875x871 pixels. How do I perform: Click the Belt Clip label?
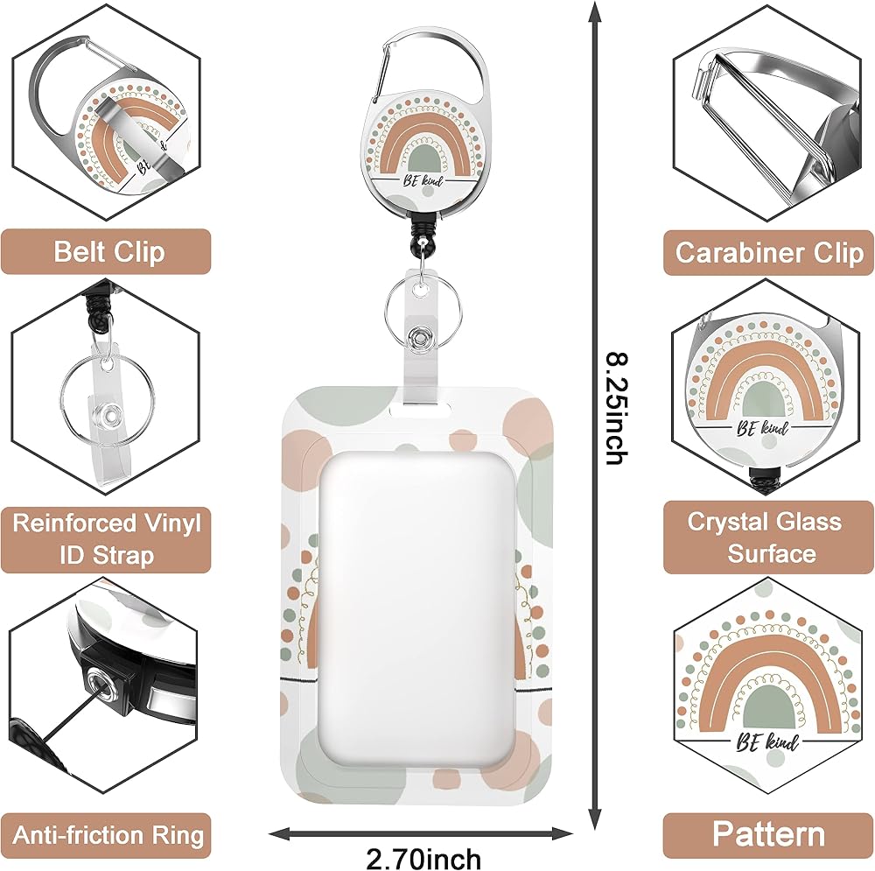click(109, 252)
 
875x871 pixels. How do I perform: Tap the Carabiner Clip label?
click(769, 252)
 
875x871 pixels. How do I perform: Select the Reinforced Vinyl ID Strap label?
click(107, 539)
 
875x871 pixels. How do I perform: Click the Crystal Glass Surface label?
click(764, 537)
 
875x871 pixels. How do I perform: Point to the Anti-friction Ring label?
click(108, 835)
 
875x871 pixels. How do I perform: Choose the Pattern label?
click(768, 834)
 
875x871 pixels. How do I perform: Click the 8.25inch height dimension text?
click(618, 408)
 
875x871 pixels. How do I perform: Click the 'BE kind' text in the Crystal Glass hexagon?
click(763, 428)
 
